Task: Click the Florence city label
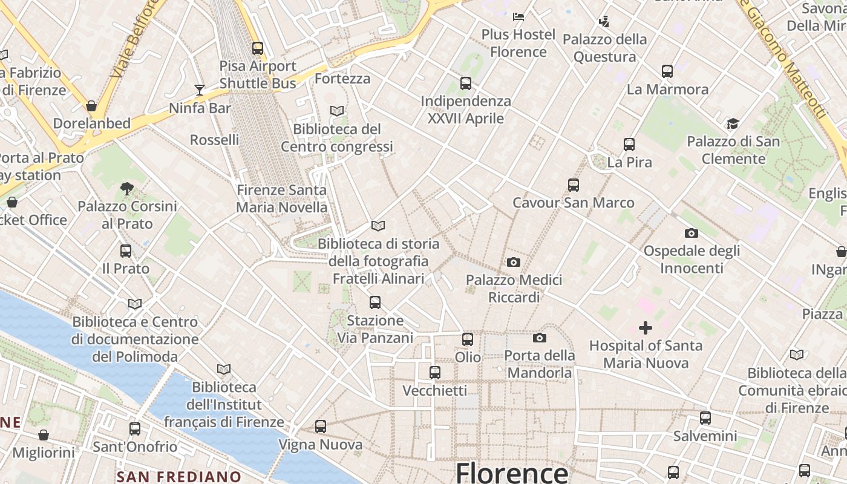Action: (x=512, y=473)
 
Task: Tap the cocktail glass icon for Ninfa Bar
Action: (x=200, y=90)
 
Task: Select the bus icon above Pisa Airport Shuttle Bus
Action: (x=258, y=48)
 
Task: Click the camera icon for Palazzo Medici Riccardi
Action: (x=514, y=262)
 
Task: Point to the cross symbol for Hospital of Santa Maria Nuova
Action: (x=646, y=328)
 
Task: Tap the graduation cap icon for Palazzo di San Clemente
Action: (x=733, y=123)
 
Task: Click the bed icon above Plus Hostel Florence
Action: (x=518, y=16)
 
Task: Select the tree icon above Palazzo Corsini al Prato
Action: (x=126, y=188)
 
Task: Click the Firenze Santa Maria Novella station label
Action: (x=281, y=198)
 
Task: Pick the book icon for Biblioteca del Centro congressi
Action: (x=337, y=111)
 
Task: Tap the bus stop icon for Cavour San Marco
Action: (x=573, y=185)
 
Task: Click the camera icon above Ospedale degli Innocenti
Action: (x=691, y=233)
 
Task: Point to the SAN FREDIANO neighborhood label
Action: (x=179, y=477)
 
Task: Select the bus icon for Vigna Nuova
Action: (x=321, y=427)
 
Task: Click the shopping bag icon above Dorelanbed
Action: (x=91, y=106)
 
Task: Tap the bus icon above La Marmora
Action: (x=667, y=71)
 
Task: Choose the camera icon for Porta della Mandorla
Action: (x=539, y=338)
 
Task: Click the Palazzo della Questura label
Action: (x=604, y=48)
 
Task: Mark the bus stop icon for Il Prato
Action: (x=126, y=250)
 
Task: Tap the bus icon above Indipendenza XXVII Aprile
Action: (x=465, y=83)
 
